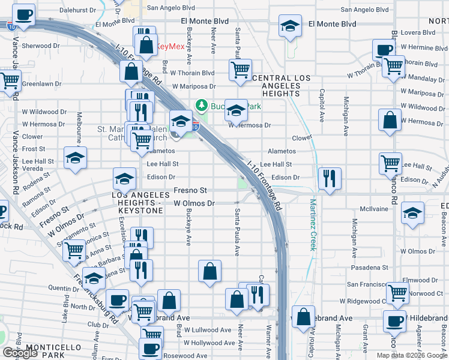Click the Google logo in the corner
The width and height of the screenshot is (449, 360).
19,353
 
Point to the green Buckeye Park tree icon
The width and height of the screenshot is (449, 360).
202,106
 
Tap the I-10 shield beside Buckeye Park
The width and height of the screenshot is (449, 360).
195,126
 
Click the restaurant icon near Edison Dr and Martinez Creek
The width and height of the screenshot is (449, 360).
330,178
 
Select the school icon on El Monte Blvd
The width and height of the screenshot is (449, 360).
290,25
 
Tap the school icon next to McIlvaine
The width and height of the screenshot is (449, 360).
412,213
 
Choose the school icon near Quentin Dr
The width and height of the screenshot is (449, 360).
94,278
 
